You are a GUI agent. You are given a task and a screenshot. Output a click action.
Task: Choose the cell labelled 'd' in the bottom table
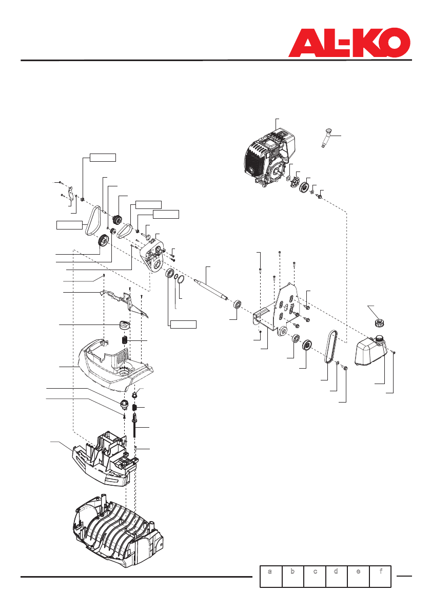tap(336, 576)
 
